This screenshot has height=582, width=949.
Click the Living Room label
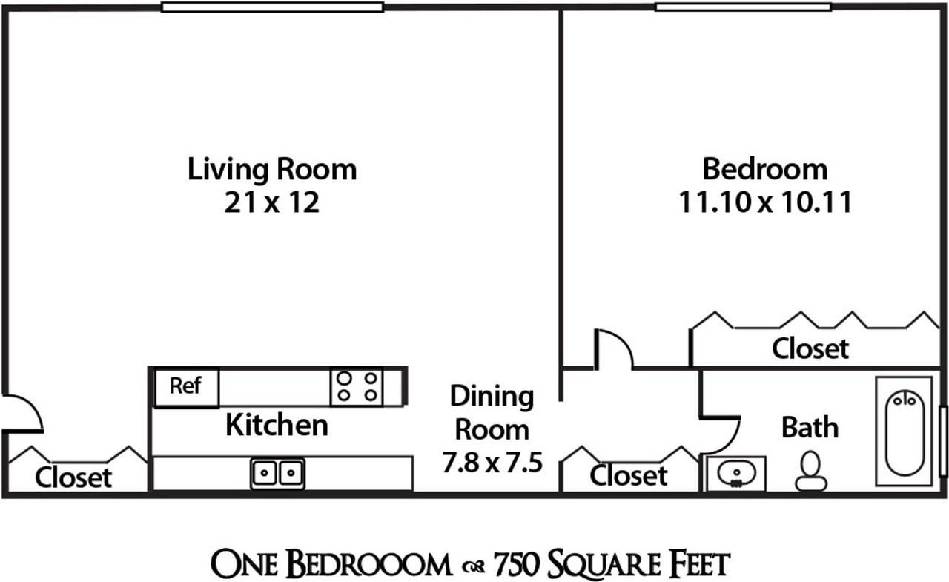pyautogui.click(x=271, y=169)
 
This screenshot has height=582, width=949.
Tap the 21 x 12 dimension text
pyautogui.click(x=271, y=202)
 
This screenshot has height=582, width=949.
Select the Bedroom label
pyautogui.click(x=764, y=169)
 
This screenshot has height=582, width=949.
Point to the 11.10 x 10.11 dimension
pyautogui.click(x=764, y=202)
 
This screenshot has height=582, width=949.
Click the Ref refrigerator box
pyautogui.click(x=186, y=387)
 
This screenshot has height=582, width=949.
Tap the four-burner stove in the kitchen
pyautogui.click(x=357, y=386)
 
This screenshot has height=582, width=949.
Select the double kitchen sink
pyautogui.click(x=277, y=472)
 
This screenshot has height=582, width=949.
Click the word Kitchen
pyautogui.click(x=277, y=426)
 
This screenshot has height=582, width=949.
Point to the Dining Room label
pyautogui.click(x=492, y=412)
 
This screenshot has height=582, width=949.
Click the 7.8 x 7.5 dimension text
pyautogui.click(x=492, y=463)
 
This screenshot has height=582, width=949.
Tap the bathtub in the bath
pyautogui.click(x=904, y=431)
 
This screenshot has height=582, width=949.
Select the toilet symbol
pyautogui.click(x=810, y=472)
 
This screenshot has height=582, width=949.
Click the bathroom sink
pyautogui.click(x=735, y=473)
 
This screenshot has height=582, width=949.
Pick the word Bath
pyautogui.click(x=810, y=428)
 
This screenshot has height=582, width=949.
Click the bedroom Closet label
pyautogui.click(x=810, y=348)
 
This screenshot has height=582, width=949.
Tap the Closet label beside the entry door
pyautogui.click(x=73, y=477)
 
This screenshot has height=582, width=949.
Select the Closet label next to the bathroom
pyautogui.click(x=628, y=475)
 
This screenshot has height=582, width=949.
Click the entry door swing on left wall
pyautogui.click(x=22, y=413)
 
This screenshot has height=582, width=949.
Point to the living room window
pyautogui.click(x=272, y=7)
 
